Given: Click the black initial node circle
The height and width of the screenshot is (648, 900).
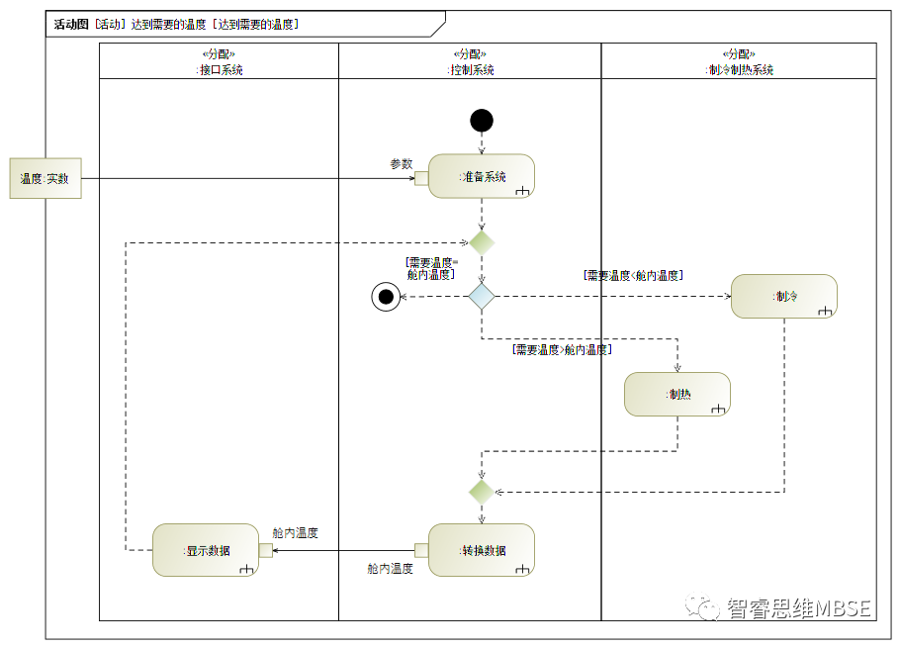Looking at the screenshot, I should pos(482,121).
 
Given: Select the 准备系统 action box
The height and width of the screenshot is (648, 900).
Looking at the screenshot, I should pos(482,177).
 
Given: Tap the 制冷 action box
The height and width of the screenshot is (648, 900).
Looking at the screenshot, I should pos(784,296).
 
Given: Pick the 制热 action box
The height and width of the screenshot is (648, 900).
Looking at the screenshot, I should pos(677,394).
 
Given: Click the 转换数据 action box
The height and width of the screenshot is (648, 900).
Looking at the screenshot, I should pos(482,550).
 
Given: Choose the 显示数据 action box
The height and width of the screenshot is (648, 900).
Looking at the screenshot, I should pos(206,550).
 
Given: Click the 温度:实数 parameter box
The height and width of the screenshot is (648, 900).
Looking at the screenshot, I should pos(45,179).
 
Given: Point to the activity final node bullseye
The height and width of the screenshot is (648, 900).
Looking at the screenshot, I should pos(386,296).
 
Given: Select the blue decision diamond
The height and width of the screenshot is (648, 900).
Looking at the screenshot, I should pos(482,296).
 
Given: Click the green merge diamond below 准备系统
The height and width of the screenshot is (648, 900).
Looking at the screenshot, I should pos(482,242).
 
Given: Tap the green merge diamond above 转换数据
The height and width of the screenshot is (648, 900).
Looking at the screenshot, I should pos(482,491).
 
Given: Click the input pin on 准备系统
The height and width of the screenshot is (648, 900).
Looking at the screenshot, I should pos(421,178).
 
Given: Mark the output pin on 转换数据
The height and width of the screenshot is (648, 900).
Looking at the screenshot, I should pos(421,550).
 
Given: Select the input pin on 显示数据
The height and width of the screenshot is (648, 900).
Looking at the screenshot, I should pos(265,550).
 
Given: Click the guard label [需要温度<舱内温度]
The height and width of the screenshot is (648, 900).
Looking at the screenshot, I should pos(633,276).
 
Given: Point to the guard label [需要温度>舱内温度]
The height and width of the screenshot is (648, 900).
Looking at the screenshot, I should pos(562,350).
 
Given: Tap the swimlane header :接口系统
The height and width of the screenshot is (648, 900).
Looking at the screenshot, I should pos(220,70).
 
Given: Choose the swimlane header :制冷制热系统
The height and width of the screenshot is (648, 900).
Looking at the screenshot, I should pos(739,70).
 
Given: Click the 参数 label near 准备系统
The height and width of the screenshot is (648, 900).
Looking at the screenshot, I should pos(401,164).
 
